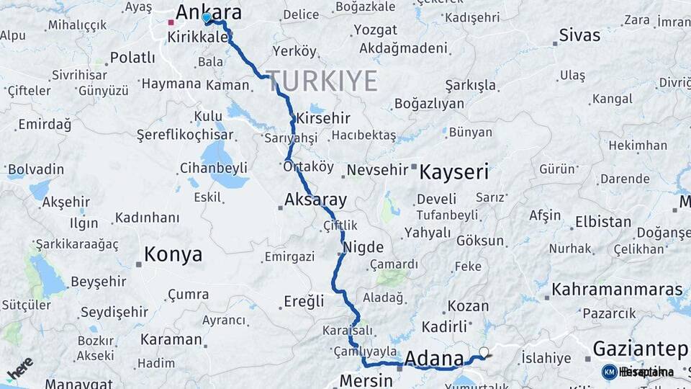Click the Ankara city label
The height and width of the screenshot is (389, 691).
tap(208, 12)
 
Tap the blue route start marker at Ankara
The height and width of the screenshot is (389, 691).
tap(207, 17)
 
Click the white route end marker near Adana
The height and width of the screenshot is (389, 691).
tap(484, 352)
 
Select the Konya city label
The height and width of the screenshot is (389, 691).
tap(173, 254)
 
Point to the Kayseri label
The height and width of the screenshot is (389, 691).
tap(453, 172)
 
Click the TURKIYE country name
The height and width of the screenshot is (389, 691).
tap(323, 81)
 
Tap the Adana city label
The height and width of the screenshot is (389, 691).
tap(434, 358)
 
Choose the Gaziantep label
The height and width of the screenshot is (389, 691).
tap(640, 349)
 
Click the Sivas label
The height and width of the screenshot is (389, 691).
tap(579, 35)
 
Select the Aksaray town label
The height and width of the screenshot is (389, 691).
tap(315, 200)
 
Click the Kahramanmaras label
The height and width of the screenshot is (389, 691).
tap(617, 290)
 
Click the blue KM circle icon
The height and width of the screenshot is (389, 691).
tap(609, 372)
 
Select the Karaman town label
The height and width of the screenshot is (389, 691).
tap(171, 339)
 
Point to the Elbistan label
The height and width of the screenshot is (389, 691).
tap(603, 222)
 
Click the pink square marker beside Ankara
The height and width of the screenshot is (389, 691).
tap(171, 22)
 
